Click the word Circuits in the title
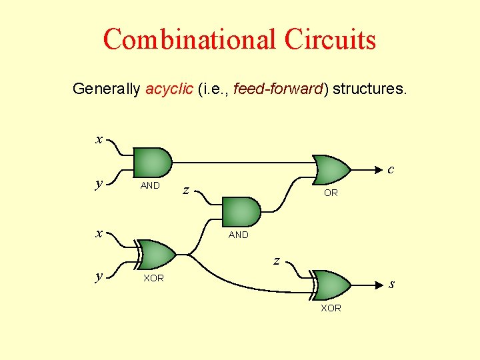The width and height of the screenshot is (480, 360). (x=330, y=39)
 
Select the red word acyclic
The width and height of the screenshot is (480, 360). (x=169, y=88)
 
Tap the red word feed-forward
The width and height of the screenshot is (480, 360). (x=279, y=88)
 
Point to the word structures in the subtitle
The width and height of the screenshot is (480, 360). (x=369, y=88)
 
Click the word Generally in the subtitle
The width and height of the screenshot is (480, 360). (x=106, y=88)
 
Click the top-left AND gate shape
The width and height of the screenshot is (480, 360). (x=152, y=162)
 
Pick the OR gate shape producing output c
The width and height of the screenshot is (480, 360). (x=332, y=170)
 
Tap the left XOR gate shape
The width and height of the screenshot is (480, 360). (x=155, y=253)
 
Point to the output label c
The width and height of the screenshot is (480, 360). (x=391, y=169)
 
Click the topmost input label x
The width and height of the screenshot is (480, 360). (x=99, y=139)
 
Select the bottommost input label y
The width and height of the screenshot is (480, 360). (x=99, y=276)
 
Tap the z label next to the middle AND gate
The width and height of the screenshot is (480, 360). (x=187, y=191)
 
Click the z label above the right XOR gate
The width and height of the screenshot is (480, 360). (x=276, y=261)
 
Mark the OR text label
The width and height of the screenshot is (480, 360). (x=331, y=193)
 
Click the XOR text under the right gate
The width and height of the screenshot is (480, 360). (x=331, y=308)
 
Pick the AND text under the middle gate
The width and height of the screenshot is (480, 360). (x=238, y=235)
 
